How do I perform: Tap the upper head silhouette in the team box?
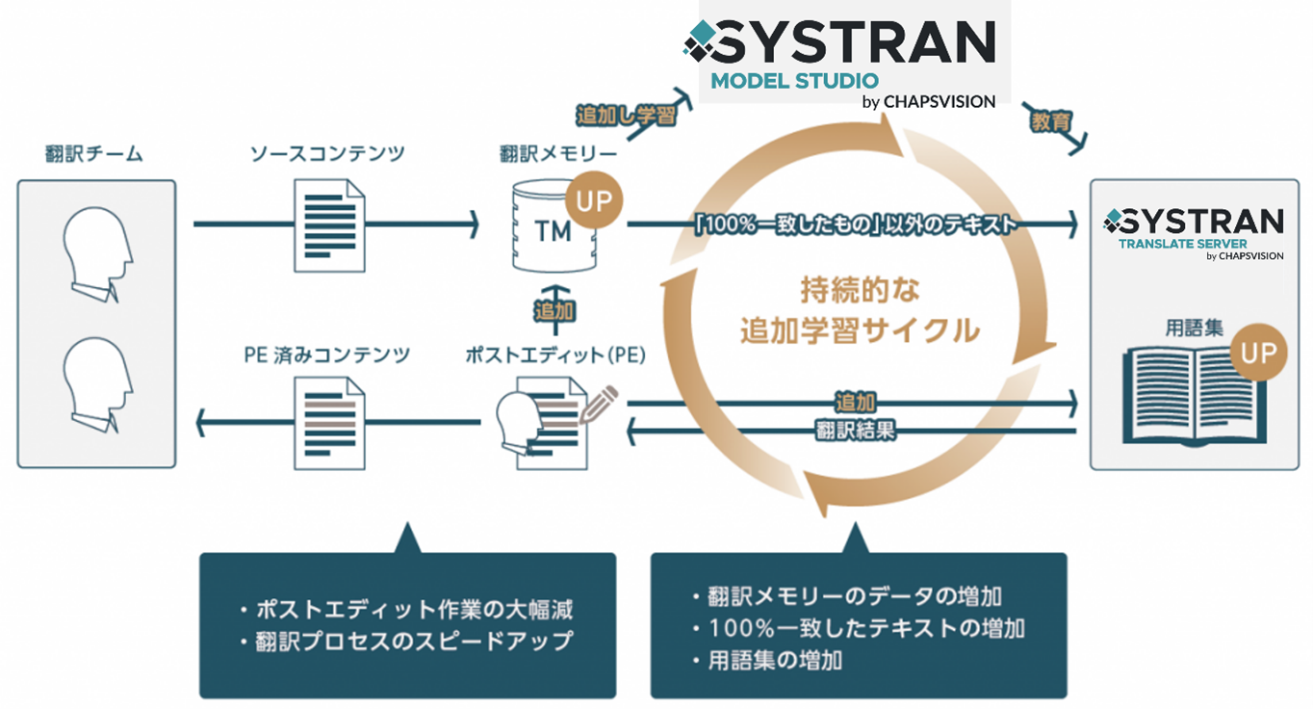96,252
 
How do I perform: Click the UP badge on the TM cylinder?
594,200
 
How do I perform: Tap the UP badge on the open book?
1257,354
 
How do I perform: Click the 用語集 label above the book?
1195,328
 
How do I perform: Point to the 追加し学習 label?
626,115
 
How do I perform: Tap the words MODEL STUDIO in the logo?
794,80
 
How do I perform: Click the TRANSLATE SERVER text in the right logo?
1182,244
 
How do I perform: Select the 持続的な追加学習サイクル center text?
860,310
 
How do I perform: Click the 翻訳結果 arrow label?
855,431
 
